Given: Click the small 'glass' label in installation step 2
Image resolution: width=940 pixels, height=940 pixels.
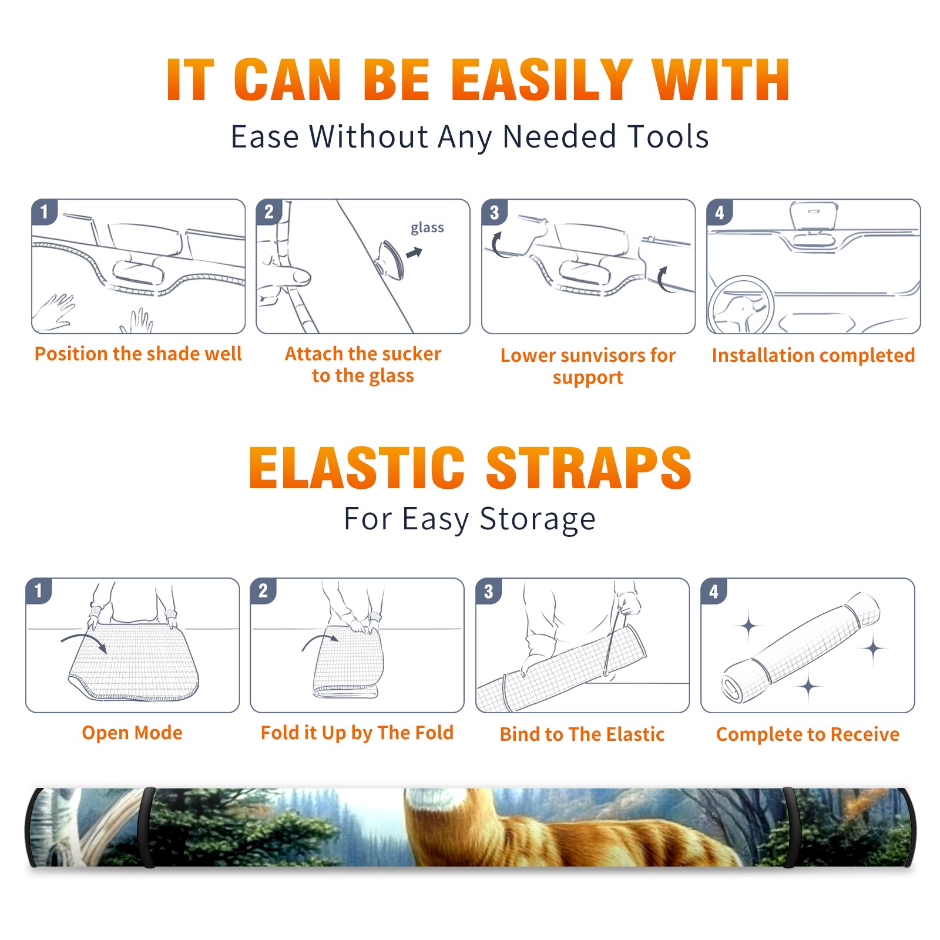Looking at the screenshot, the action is [x=427, y=228].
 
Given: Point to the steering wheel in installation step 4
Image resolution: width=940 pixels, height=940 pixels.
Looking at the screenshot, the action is [x=741, y=305].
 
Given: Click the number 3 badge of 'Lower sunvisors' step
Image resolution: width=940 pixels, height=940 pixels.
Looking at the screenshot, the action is [x=494, y=212].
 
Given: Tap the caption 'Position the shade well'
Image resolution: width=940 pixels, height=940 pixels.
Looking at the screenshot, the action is [x=138, y=354].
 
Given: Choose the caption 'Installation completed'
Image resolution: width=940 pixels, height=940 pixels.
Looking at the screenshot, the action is [x=813, y=355].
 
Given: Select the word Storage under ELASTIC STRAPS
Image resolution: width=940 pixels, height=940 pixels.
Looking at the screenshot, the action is [x=538, y=519].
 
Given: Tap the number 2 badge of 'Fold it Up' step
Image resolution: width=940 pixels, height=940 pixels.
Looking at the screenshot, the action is [x=263, y=590].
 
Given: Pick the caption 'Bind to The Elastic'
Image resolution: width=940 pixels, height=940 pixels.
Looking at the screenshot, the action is [x=582, y=734].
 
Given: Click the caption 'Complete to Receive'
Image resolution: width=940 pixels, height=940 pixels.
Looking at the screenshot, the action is [x=808, y=734].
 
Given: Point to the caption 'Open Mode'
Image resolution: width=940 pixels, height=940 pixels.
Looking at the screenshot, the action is [x=132, y=732].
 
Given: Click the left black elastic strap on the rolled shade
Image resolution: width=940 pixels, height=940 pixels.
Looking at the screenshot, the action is [x=148, y=827].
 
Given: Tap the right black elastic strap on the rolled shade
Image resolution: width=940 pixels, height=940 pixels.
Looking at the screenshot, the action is [x=790, y=827].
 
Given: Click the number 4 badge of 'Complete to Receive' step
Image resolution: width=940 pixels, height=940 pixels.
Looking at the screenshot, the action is [x=714, y=591].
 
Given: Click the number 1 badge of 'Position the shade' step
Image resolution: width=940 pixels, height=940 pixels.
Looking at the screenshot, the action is [x=44, y=211].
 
